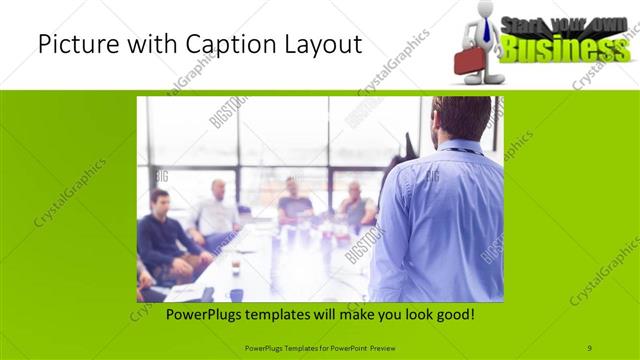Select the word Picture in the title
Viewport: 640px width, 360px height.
[x=75, y=45]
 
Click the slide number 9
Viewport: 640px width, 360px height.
[x=590, y=348]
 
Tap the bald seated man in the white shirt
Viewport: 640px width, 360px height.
[x=217, y=213]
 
